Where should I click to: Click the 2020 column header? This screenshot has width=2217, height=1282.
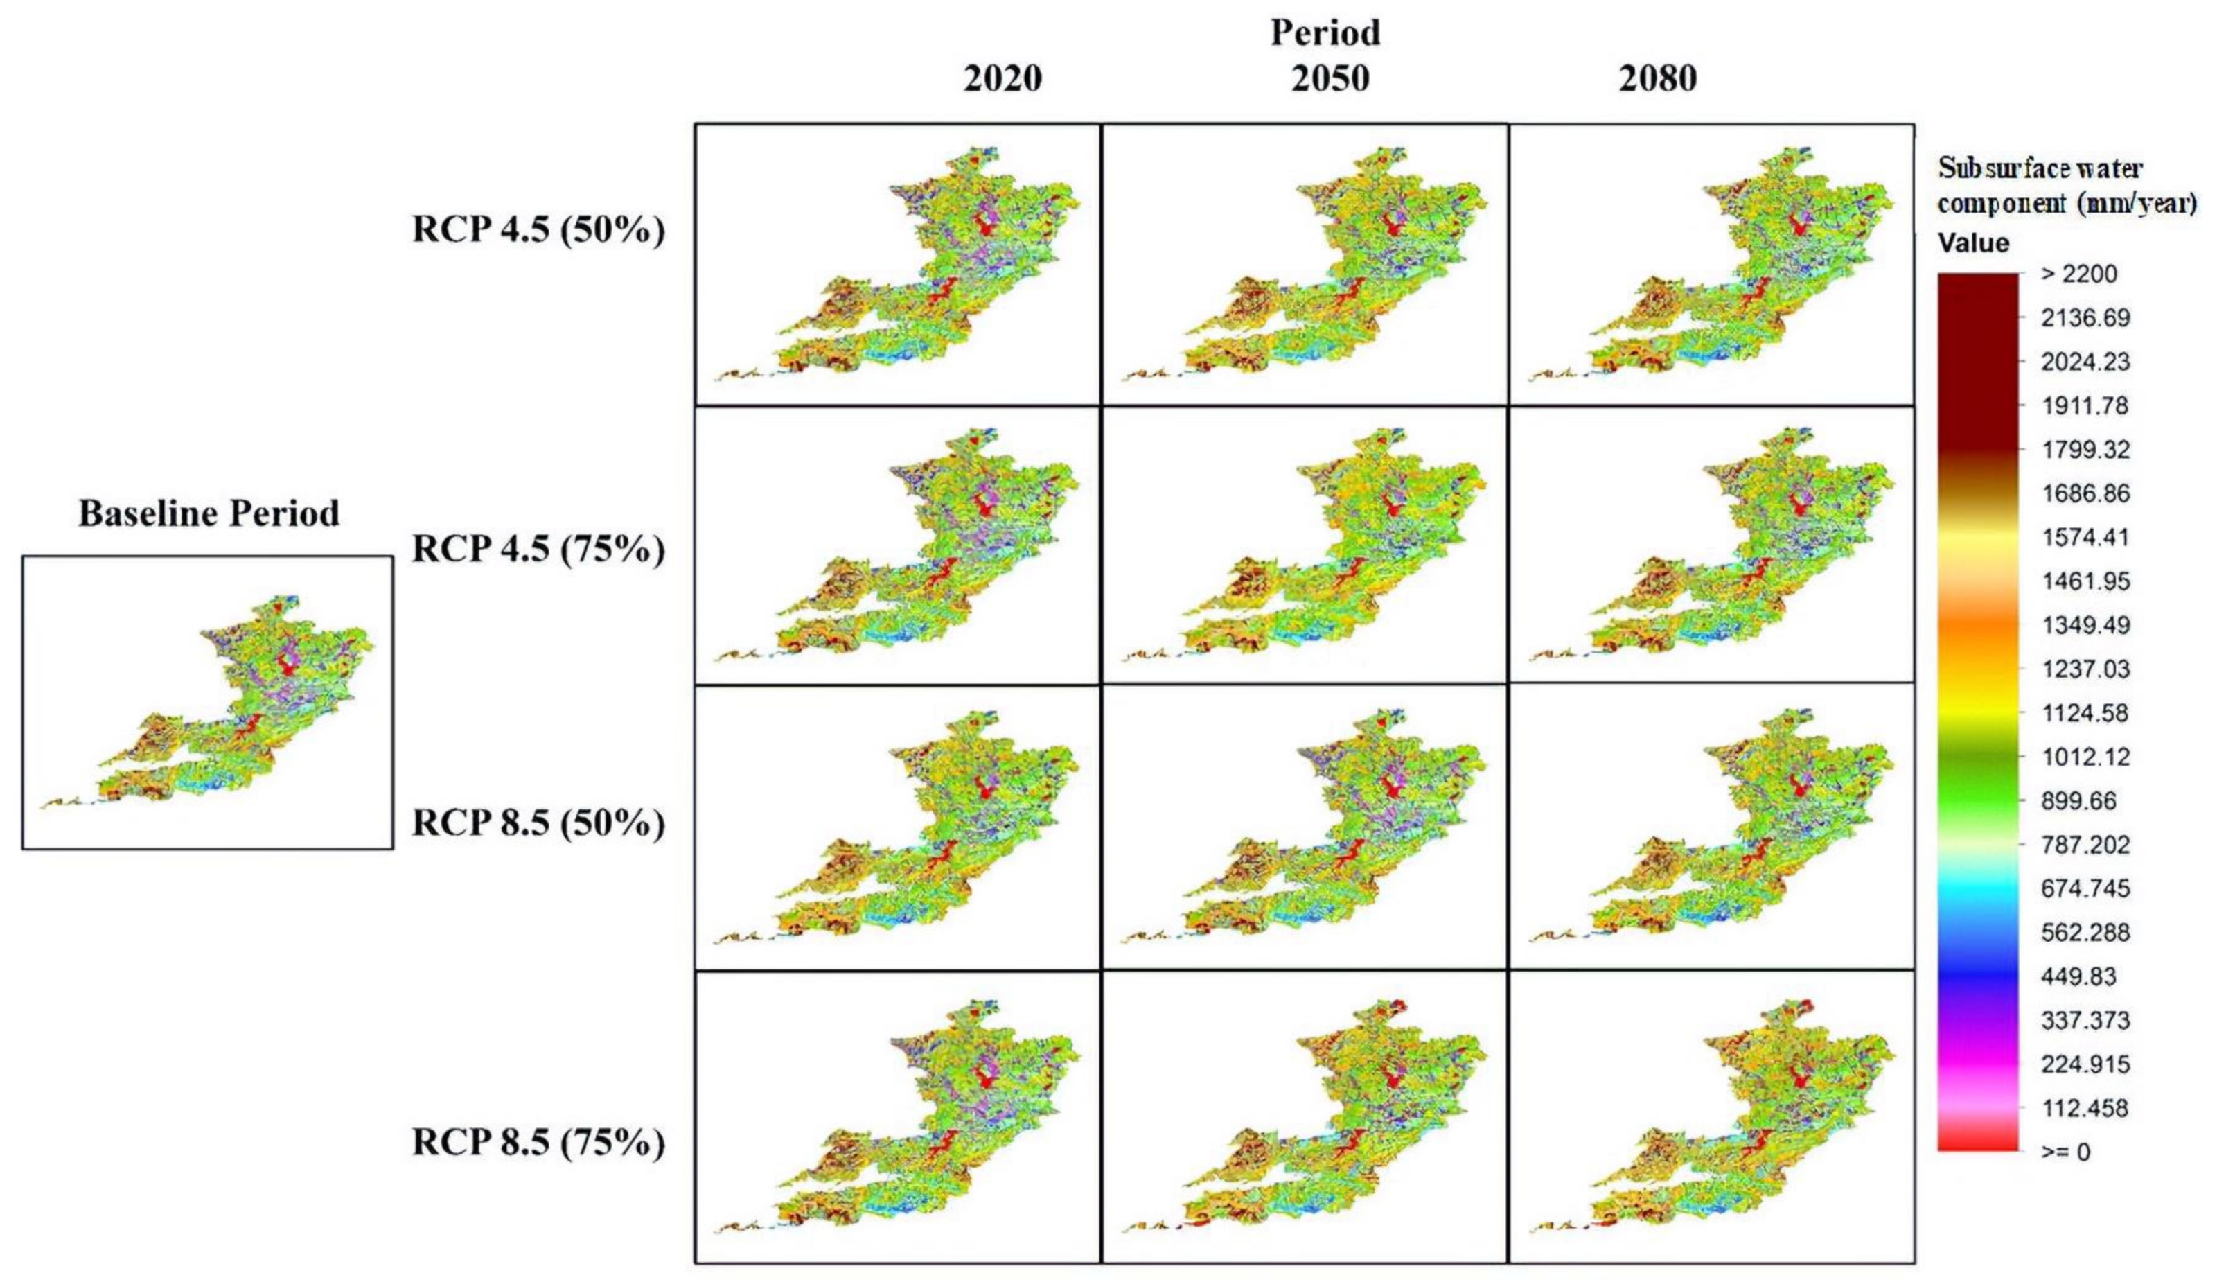click(x=1002, y=79)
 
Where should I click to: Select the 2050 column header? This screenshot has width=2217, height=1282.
click(x=1330, y=79)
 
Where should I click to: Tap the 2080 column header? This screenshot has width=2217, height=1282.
click(x=1657, y=79)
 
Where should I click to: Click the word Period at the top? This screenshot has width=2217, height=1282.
click(x=1325, y=33)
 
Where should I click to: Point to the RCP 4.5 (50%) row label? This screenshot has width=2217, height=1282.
click(x=538, y=231)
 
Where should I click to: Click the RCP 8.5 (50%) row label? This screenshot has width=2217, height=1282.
click(x=538, y=823)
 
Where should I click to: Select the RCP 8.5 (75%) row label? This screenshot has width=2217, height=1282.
click(x=538, y=1142)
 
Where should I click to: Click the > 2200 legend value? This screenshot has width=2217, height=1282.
click(x=2078, y=274)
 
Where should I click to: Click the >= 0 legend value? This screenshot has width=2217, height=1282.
click(x=2065, y=1152)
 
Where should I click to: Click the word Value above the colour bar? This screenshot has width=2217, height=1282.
click(x=1973, y=243)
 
